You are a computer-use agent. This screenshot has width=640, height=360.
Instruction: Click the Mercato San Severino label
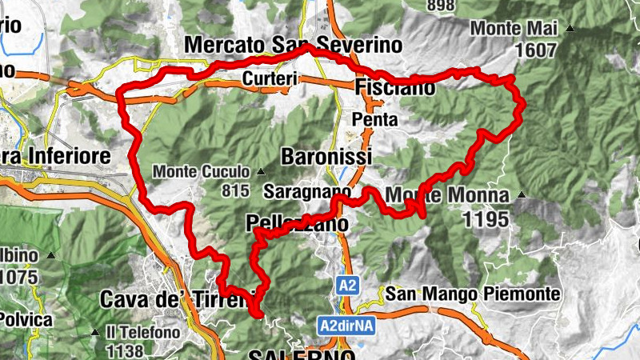pos(293,45)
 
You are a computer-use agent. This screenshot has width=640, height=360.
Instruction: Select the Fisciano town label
pos(393,86)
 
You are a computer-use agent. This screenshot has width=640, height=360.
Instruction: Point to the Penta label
pos(374,119)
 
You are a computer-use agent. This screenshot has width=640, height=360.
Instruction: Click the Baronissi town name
pos(326,155)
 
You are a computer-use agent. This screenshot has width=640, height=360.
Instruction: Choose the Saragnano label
pos(307,193)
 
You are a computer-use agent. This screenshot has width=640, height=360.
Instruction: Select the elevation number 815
pos(238,190)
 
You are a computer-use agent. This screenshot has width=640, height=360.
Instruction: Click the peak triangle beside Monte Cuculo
pos(261,171)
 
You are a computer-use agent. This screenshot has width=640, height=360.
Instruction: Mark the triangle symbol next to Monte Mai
pos(570,29)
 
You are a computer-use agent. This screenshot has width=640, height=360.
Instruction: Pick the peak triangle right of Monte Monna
pos(522,194)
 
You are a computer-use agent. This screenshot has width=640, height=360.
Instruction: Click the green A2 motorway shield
pos(347,284)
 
